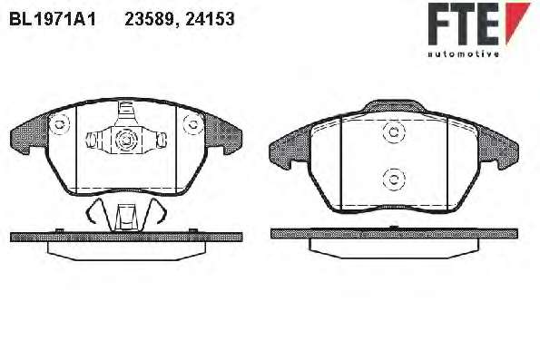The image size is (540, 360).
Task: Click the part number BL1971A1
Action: [x=53, y=19]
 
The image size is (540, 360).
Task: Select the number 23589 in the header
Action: [x=150, y=19]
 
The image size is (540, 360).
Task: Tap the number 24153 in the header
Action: [x=210, y=19]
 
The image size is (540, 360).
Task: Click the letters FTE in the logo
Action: [x=464, y=24]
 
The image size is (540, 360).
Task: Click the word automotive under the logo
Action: [x=463, y=54]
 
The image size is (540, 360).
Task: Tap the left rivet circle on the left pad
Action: [x=59, y=124]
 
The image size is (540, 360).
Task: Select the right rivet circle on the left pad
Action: [x=192, y=124]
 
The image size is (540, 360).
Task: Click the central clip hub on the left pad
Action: [x=126, y=140]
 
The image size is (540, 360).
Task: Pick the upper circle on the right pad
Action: [x=393, y=132]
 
